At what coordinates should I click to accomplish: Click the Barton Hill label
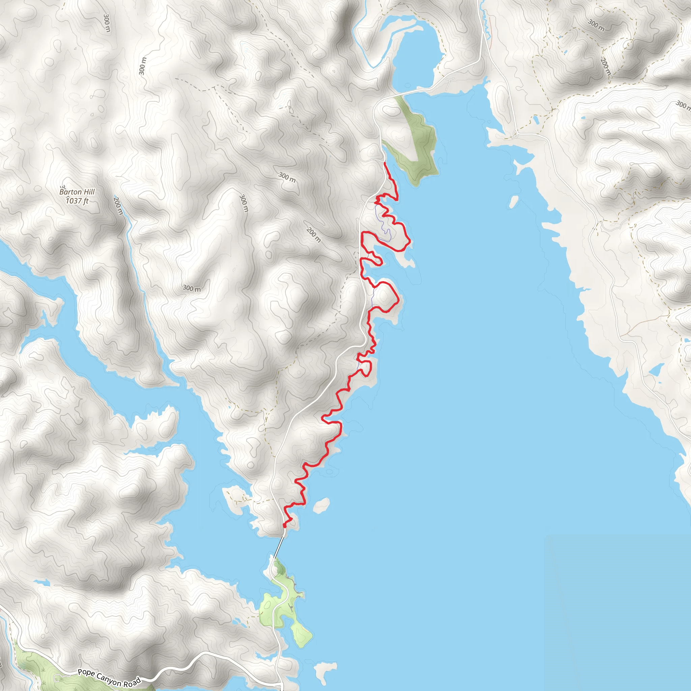(77, 192)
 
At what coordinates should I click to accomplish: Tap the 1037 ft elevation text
(77, 201)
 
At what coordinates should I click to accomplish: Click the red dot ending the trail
(284, 525)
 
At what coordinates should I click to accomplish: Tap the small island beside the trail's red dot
(321, 505)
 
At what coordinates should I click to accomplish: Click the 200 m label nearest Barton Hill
(118, 206)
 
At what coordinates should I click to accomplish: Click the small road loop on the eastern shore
(515, 135)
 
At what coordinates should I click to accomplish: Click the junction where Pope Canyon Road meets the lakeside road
(281, 684)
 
